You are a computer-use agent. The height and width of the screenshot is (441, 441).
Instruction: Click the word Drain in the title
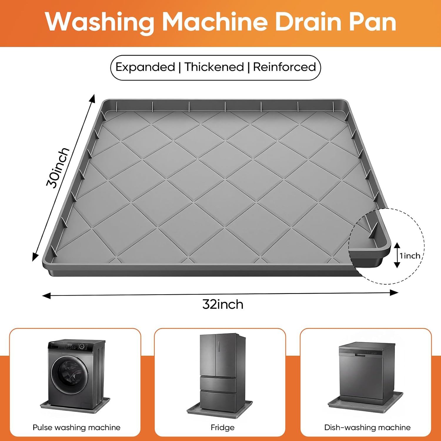[x=308, y=22]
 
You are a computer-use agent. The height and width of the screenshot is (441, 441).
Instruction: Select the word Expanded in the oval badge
[x=145, y=67]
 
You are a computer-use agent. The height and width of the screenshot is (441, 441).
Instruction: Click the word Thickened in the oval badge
[x=214, y=67]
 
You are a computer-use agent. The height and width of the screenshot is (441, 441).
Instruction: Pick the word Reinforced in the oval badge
[x=284, y=67]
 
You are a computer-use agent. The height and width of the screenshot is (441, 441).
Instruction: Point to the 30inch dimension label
[x=58, y=168]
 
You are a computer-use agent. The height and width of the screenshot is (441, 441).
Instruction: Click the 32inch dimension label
[x=223, y=304]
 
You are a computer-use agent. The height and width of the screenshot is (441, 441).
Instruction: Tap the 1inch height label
[x=410, y=256]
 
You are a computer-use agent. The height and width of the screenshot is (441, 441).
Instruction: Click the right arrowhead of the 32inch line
[x=394, y=293]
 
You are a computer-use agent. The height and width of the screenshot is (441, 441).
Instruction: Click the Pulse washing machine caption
[x=76, y=427]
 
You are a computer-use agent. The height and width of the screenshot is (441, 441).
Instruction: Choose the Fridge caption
[x=223, y=427]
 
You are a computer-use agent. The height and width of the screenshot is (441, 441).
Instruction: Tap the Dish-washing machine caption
[x=367, y=427]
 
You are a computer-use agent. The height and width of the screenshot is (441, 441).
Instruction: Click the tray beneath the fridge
[x=220, y=408]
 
